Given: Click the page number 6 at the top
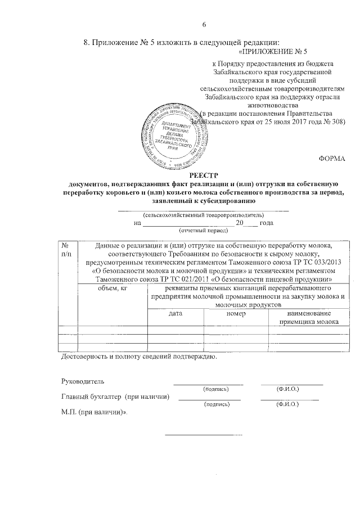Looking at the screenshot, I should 205,24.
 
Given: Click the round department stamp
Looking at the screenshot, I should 177,133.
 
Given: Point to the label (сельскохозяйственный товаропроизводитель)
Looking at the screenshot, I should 202,215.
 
